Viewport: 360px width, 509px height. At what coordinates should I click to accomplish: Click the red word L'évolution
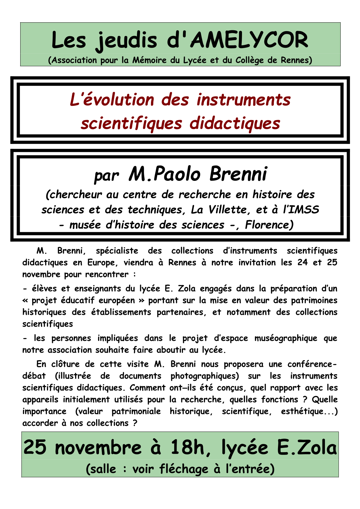112,100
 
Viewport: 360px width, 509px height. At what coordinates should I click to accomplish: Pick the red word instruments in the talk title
244,100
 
